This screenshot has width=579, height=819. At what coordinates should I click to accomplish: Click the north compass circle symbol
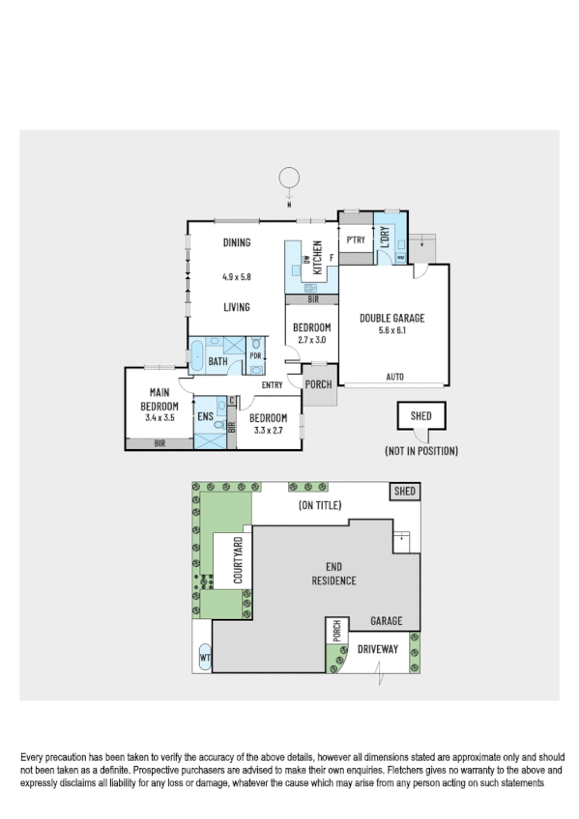[x=288, y=178]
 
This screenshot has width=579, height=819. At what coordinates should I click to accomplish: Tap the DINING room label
[x=237, y=243]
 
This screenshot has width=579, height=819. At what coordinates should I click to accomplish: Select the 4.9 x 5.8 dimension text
[x=236, y=277]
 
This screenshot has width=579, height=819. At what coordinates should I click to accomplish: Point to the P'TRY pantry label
[x=354, y=240]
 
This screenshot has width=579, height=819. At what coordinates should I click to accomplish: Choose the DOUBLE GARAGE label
[x=391, y=318]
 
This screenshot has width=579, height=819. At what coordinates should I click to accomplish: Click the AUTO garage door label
[x=394, y=377]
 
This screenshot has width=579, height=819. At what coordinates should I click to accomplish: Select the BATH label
[x=217, y=362]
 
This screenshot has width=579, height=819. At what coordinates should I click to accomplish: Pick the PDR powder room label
[x=255, y=355]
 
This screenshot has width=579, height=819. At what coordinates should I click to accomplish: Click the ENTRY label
[x=272, y=385]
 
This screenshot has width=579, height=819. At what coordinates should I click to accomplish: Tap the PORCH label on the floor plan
[x=318, y=384]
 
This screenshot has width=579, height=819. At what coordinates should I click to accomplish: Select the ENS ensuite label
[x=205, y=417]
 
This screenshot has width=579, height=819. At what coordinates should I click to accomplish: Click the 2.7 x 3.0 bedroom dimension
[x=311, y=340]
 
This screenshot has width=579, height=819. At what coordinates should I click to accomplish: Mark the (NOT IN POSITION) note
[x=420, y=450]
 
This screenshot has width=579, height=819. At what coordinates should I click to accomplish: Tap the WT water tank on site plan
[x=205, y=659]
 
